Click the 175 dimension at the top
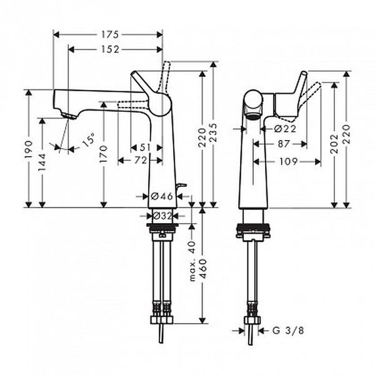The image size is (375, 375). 110,34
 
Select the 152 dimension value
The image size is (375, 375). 110,49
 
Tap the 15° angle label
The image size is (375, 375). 88,140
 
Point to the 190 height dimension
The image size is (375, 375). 29,149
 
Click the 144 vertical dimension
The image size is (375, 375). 42,162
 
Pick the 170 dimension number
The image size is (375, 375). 104,154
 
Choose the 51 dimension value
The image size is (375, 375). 145,147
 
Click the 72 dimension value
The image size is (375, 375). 141,161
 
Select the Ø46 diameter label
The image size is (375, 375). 162,196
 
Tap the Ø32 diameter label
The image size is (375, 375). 162,216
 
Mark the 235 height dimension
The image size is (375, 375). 213,132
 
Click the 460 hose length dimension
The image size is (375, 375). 203,269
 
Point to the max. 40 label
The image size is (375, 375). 192,261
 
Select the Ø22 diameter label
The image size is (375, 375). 286,129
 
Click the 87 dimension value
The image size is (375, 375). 284,144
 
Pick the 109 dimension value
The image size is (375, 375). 288,162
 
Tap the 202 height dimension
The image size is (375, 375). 334,144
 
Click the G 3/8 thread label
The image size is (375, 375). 288,331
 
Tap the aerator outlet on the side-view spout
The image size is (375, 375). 254,116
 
